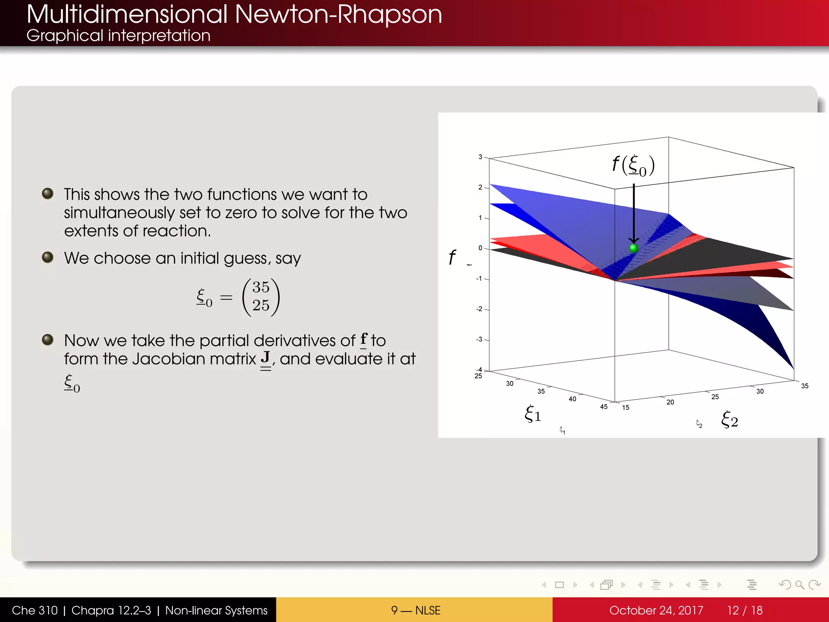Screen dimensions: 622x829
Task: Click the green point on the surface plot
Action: [634, 248]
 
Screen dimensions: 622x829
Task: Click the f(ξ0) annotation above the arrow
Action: [633, 165]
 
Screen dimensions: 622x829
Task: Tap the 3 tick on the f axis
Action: [480, 157]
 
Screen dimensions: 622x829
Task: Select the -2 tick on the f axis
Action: [479, 309]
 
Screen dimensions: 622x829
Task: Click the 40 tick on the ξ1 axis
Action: [572, 399]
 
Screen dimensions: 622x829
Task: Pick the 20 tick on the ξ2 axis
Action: [670, 402]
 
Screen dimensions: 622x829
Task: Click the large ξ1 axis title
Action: [533, 414]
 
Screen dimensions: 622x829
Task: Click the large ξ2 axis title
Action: [729, 419]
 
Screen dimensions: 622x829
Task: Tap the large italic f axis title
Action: [452, 257]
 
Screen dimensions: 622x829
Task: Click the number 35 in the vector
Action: [261, 288]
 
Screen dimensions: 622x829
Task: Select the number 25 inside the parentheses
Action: [261, 305]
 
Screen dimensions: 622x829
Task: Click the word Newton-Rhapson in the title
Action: [338, 15]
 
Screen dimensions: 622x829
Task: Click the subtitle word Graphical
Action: [65, 36]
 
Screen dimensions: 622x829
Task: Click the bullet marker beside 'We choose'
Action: [48, 257]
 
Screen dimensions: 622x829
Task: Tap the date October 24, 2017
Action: [656, 610]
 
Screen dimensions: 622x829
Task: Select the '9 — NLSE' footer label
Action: [415, 610]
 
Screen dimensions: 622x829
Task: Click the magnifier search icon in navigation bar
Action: [799, 585]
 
